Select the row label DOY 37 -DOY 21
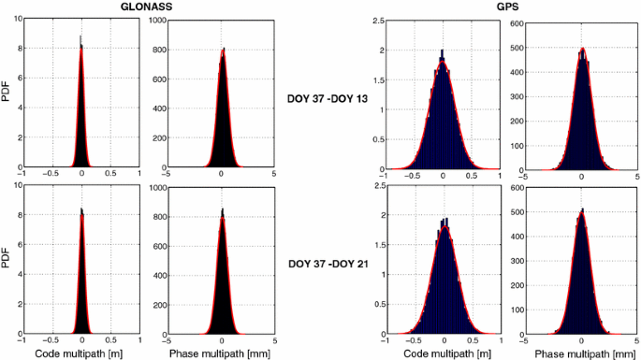click(327, 265)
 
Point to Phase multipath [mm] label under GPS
click(582, 353)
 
